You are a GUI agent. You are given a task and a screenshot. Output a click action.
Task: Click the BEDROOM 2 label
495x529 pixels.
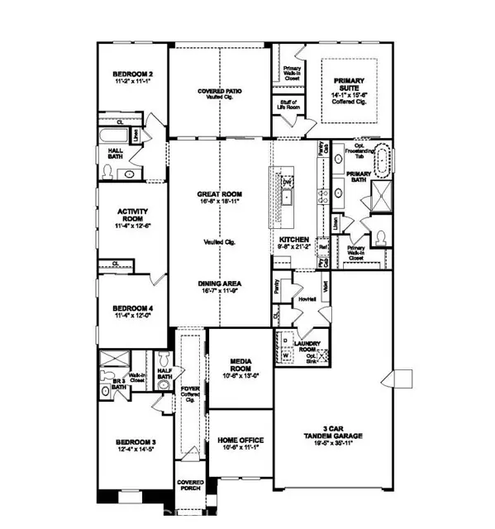click(x=132, y=74)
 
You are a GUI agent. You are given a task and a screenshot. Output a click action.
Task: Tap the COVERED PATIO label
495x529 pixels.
click(x=220, y=91)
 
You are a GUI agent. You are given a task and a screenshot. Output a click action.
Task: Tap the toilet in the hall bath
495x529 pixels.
click(x=107, y=172)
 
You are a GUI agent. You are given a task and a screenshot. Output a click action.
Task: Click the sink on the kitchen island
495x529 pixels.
click(x=285, y=197)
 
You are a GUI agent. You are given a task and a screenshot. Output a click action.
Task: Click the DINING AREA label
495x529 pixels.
click(x=219, y=284)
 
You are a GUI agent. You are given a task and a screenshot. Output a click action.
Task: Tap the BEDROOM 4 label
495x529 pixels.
click(x=132, y=309)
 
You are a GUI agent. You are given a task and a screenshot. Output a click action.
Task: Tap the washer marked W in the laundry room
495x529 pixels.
click(x=286, y=356)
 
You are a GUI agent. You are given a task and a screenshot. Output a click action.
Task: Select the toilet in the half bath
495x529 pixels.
click(x=164, y=358)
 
